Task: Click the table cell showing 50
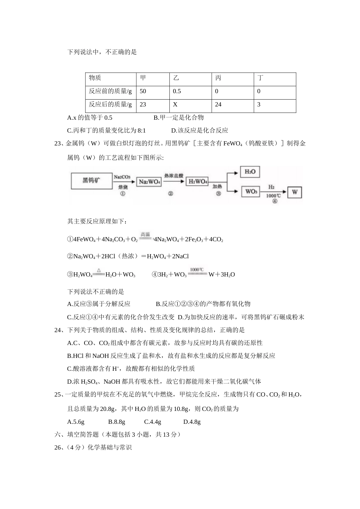point(143,91)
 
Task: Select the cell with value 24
point(218,105)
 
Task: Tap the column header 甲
point(143,78)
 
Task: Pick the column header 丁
point(260,78)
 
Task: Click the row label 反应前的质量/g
point(111,91)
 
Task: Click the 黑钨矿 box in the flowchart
point(92,181)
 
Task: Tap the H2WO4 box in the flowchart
point(198,182)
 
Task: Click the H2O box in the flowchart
point(250,172)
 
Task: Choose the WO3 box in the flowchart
point(251,192)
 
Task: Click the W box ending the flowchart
point(295,192)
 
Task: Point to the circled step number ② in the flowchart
point(171,194)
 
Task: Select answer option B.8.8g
point(117,422)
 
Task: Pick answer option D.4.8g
point(192,422)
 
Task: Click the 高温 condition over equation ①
point(146,234)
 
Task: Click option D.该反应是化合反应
point(200,131)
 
